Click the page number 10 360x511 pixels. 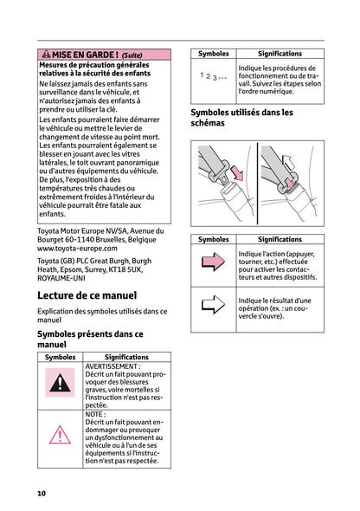point(41,493)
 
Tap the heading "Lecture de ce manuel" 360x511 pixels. point(90,294)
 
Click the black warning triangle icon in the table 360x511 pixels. point(60,382)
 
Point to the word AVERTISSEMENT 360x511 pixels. point(112,366)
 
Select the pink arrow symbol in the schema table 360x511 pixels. point(212,263)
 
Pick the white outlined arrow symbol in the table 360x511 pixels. point(212,305)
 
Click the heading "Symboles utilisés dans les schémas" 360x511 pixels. point(241,118)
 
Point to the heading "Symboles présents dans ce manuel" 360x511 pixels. point(90,339)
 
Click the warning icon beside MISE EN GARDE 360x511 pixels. point(46,53)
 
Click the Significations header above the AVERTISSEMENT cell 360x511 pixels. point(126,357)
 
